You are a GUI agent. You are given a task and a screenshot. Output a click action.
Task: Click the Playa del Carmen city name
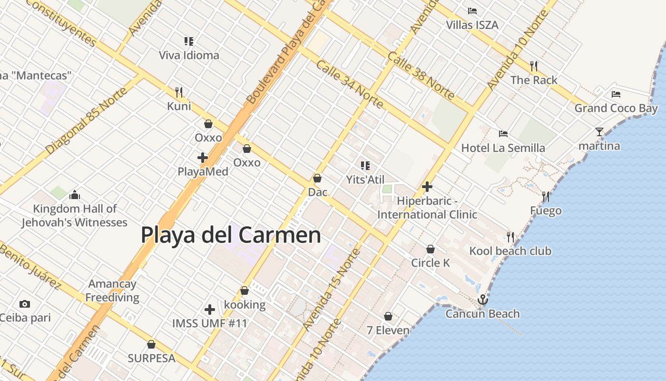point(231,235)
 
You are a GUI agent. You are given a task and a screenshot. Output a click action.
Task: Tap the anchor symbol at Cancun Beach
point(483,300)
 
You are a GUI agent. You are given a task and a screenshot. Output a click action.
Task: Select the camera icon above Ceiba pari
point(25,304)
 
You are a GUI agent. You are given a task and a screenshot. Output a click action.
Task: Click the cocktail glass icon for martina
point(599,132)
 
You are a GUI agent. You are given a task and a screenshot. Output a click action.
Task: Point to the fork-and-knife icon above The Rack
point(534,66)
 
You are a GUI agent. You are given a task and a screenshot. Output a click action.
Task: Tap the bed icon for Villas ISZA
point(472,11)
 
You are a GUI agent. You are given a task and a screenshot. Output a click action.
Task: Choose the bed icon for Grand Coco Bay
point(616,94)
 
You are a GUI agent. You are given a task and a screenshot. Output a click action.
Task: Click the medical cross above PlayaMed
point(203,157)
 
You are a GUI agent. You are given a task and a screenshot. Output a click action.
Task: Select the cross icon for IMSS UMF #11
point(210,310)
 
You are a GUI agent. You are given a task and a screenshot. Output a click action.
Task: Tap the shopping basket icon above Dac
point(317,178)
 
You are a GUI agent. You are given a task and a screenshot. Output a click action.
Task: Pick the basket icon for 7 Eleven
point(388,316)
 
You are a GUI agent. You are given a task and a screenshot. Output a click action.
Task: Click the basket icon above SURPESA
point(151,344)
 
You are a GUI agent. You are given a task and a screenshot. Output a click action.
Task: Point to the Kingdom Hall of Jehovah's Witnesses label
point(75,215)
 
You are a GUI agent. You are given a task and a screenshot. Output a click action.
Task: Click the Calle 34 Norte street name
point(350,84)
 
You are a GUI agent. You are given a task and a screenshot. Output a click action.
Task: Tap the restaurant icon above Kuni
point(179,92)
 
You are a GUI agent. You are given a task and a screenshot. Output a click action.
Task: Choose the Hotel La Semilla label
point(503,148)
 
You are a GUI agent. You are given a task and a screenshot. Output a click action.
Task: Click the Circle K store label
point(431,262)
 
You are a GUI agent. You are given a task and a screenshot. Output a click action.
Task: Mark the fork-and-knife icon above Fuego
point(546,196)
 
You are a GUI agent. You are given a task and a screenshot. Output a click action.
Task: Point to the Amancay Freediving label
point(112,291)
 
